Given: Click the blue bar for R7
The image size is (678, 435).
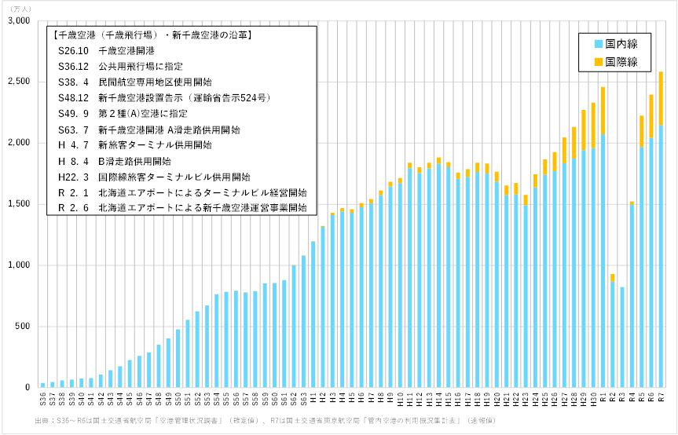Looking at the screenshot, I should coord(661,255).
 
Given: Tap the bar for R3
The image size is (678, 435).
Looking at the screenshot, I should coord(622,337).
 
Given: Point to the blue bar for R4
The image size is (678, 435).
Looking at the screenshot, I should coord(632,296).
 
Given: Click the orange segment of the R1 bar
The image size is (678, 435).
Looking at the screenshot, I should coord(603,110).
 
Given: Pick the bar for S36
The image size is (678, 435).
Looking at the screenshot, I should coord(43,385).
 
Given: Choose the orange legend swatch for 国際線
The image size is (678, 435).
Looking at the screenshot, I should coord(599,60).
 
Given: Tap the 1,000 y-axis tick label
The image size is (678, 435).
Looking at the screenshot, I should coord(18,265).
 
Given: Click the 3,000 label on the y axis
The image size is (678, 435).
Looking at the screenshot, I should coord(18,20).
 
